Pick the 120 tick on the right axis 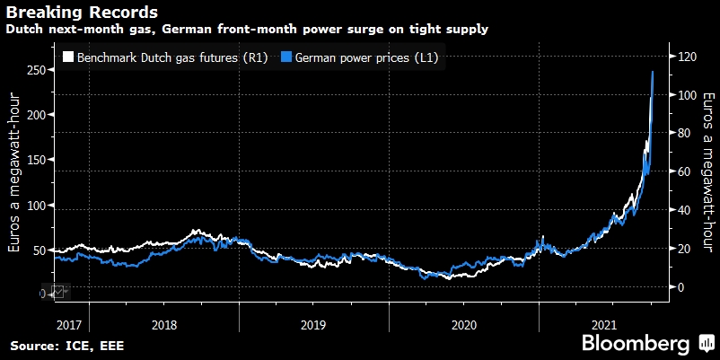pyautogui.click(x=687, y=57)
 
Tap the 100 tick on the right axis pyautogui.click(x=687, y=95)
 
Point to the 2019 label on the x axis pyautogui.click(x=313, y=321)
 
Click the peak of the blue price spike pyautogui.click(x=652, y=72)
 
